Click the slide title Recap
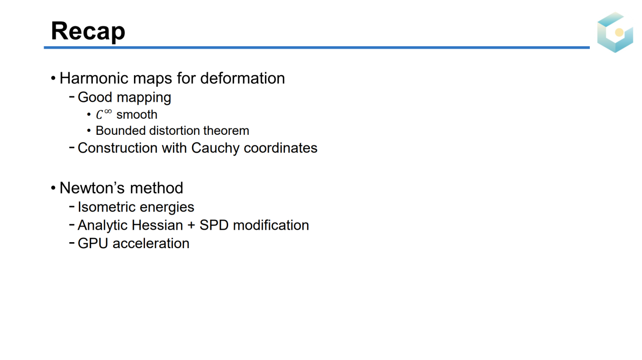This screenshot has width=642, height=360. click(x=88, y=32)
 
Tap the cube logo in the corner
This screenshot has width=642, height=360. click(x=615, y=32)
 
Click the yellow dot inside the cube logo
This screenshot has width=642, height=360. click(x=619, y=32)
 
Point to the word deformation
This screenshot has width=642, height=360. click(x=242, y=78)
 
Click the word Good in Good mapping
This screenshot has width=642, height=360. click(x=95, y=97)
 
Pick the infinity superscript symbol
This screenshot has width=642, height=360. click(x=108, y=111)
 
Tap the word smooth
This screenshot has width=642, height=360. click(x=137, y=115)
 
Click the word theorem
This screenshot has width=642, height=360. click(x=226, y=131)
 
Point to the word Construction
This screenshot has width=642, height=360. click(x=118, y=148)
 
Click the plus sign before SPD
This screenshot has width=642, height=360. click(x=191, y=226)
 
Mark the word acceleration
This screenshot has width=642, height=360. click(x=151, y=243)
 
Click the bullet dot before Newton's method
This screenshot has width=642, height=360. click(x=53, y=188)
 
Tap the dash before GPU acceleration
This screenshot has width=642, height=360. click(x=72, y=243)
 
